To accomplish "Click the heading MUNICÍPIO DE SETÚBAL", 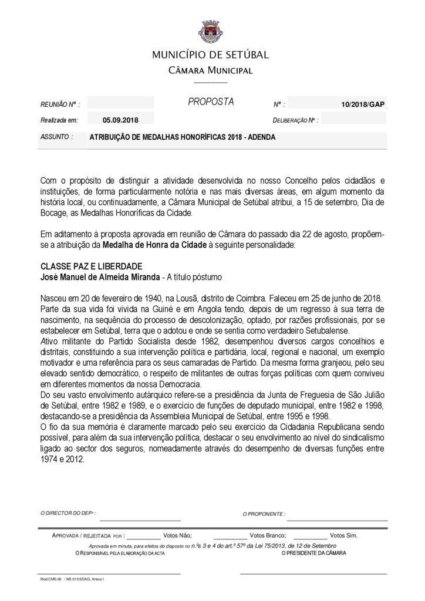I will pos(210,55).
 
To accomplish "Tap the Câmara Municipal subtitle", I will pos(210,70).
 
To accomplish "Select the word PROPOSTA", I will pos(211,102).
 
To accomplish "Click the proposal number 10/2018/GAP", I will pos(362,104).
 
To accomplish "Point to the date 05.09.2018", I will pos(120,120).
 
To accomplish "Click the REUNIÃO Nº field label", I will pos(59,104).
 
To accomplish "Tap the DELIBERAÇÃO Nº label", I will pos(296,120).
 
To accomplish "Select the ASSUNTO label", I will pos(56,137).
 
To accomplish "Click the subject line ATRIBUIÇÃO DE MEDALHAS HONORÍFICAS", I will pos(182,137).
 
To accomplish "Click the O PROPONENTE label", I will pos(264,514).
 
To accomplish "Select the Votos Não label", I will pos(177,535).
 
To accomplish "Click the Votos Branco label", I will pos(268,535).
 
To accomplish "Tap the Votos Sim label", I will pos(343,535).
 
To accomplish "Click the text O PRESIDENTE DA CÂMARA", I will pos(313,553).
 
